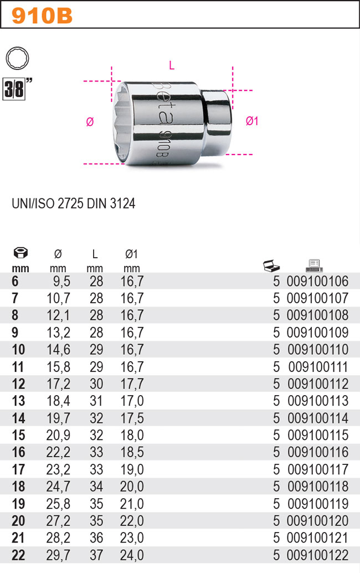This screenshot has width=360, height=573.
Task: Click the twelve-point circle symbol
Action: tap(17, 58)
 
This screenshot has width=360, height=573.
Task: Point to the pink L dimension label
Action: tap(172, 66)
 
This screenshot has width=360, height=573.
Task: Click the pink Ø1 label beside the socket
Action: tap(251, 121)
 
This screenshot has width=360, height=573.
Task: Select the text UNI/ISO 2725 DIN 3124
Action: tap(73, 204)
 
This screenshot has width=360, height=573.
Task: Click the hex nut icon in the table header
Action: tap(20, 254)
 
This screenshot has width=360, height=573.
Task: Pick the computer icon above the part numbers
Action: tap(314, 265)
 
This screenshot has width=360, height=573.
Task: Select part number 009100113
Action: tap(317, 401)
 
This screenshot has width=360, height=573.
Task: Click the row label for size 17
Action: tap(18, 470)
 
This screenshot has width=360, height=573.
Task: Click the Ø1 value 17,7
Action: tap(132, 384)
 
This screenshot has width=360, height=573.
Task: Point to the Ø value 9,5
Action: tap(61, 281)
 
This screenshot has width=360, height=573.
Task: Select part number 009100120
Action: tap(317, 521)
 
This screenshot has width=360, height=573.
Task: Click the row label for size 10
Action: tap(18, 350)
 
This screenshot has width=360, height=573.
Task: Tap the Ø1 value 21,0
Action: tap(132, 504)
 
